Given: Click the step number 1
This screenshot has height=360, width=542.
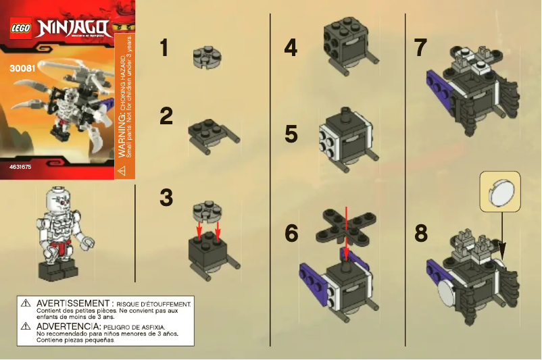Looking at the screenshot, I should (x=164, y=49).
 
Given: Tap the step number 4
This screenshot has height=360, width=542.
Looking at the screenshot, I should (x=291, y=49).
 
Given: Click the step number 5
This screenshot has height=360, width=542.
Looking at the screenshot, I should (x=291, y=134).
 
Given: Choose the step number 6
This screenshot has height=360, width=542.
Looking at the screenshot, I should (x=292, y=234).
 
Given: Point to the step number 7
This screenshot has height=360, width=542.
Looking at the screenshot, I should (x=420, y=49).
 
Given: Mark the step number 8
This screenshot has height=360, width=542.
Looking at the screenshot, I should (x=421, y=234).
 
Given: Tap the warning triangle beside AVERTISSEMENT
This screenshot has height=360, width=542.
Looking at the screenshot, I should (x=26, y=304).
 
